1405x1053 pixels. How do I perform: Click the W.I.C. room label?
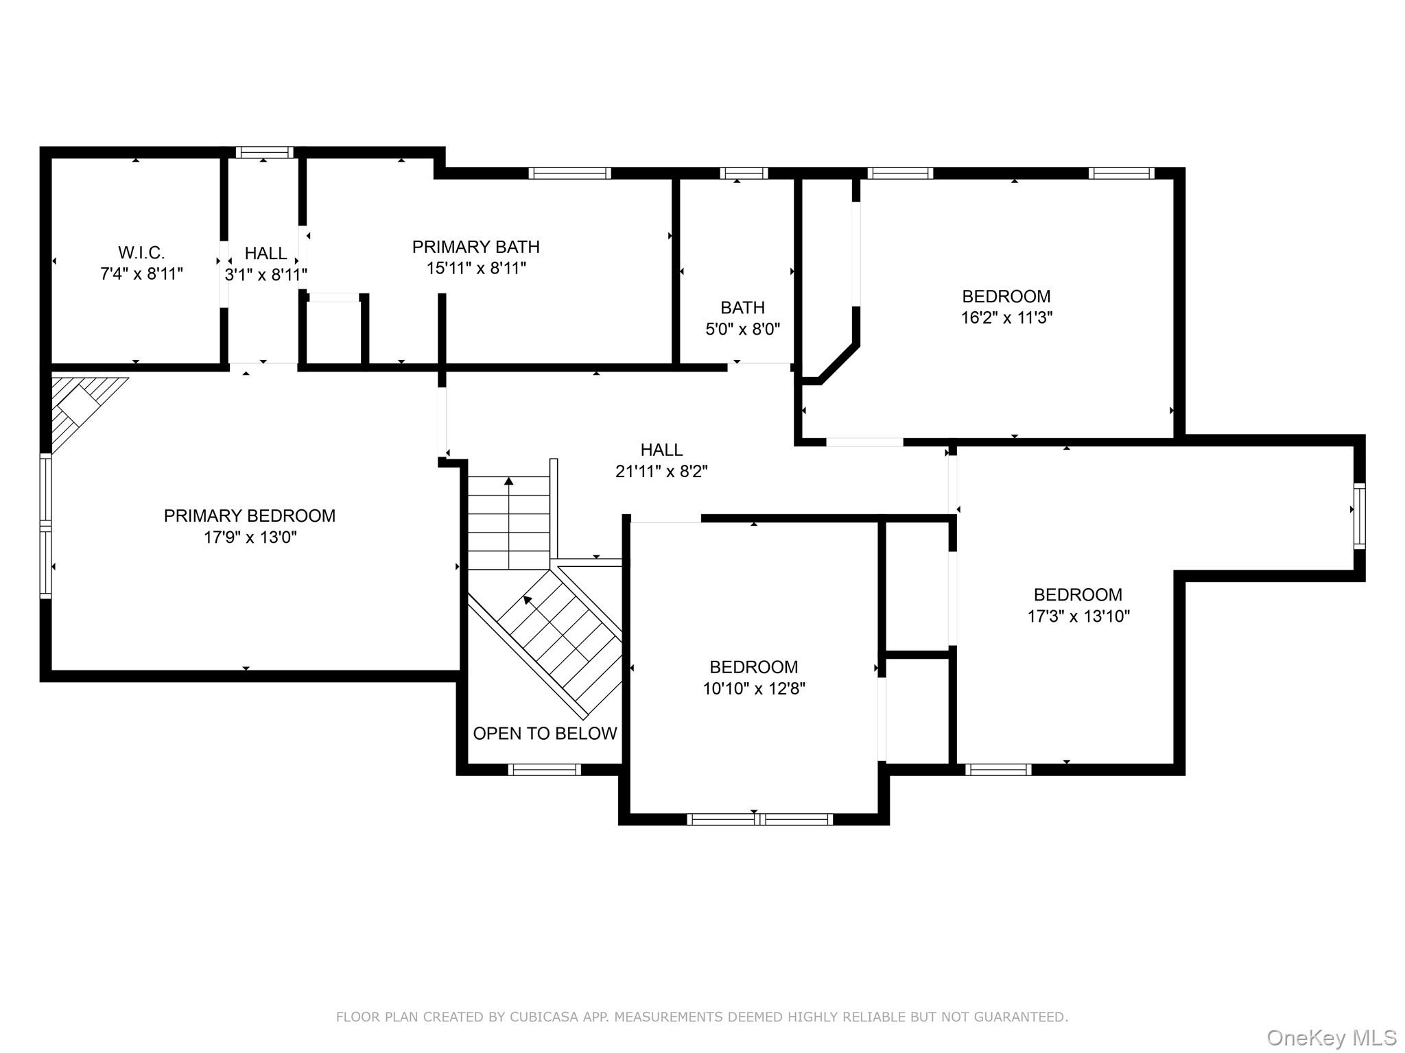click(x=141, y=252)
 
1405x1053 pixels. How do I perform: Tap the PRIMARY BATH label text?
click(x=475, y=247)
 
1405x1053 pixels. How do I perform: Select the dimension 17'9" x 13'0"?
click(x=250, y=537)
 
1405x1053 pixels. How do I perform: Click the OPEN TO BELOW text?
click(x=545, y=734)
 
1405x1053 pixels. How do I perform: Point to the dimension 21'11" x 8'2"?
click(x=661, y=471)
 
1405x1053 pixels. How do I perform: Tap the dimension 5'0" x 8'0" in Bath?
click(x=742, y=329)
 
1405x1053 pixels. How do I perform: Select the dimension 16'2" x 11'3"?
click(x=1006, y=317)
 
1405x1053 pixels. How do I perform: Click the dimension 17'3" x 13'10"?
click(x=1078, y=616)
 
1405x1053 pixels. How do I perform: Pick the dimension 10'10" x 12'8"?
click(x=753, y=688)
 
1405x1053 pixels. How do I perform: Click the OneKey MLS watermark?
click(x=1331, y=1037)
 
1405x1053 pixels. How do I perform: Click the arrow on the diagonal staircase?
click(x=527, y=600)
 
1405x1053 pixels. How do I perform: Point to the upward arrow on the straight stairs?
click(x=508, y=481)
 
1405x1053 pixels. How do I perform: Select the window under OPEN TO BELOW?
click(x=544, y=769)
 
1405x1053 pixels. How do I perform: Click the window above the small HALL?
click(x=264, y=152)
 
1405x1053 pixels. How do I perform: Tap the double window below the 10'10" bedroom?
click(x=759, y=819)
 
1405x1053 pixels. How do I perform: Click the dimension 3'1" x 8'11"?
click(x=265, y=274)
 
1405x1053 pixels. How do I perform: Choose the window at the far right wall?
click(x=1358, y=516)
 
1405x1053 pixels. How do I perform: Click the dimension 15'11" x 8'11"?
click(x=475, y=268)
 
